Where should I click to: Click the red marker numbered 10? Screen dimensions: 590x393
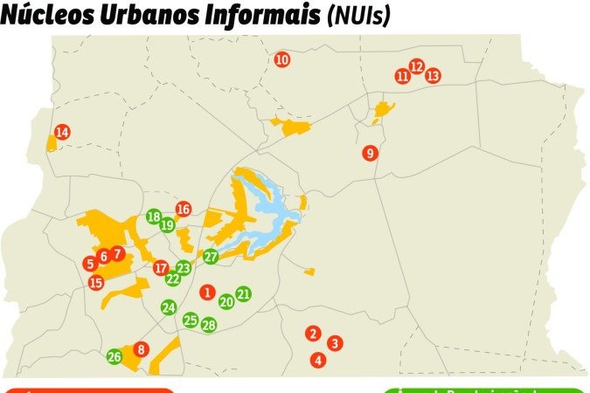click(x=281, y=60)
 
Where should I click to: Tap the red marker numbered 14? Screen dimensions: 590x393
click(x=62, y=133)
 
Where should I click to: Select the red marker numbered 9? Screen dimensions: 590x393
click(x=370, y=154)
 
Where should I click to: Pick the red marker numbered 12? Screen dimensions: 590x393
click(x=416, y=67)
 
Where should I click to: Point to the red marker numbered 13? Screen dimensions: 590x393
click(x=433, y=76)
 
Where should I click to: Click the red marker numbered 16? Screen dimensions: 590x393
click(x=183, y=210)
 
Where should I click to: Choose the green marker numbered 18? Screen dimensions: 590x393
click(x=154, y=217)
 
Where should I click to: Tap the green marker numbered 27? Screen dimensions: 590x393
click(x=211, y=257)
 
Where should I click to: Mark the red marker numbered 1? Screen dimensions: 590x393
click(x=207, y=293)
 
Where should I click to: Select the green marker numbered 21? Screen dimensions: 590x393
click(x=243, y=294)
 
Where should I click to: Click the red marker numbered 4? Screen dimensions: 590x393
click(x=318, y=360)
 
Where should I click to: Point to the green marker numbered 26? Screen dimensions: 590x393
click(x=115, y=357)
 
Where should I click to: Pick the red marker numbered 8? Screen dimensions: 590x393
click(x=142, y=349)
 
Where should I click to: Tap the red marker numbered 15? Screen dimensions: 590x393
click(x=96, y=282)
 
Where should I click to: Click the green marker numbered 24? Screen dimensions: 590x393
click(x=169, y=307)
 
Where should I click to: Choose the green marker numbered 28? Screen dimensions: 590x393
click(x=208, y=325)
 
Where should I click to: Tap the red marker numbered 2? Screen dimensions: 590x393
click(x=313, y=334)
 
